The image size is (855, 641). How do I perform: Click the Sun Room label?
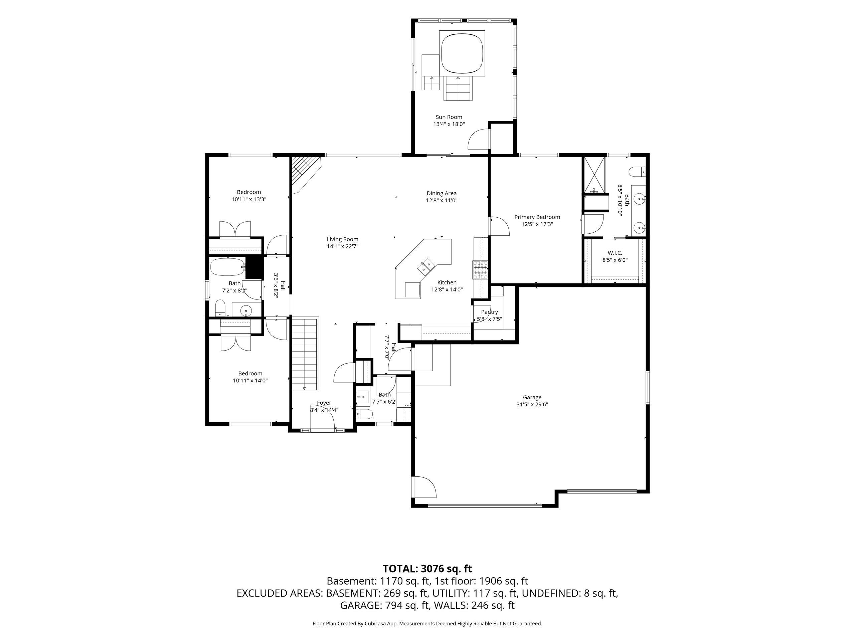tap(449, 117)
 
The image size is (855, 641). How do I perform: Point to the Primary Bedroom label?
tap(537, 217)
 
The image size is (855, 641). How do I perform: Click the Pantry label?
tap(489, 312)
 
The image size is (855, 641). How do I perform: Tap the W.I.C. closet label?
tap(615, 253)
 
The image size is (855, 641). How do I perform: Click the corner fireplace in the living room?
tap(305, 174)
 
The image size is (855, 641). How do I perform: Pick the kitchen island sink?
tap(427, 267)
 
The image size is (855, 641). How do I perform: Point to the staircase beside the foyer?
tap(304, 354)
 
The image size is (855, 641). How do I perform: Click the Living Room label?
tap(342, 240)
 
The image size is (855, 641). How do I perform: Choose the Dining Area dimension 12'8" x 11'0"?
tap(442, 201)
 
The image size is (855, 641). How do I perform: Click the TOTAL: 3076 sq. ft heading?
tap(427, 569)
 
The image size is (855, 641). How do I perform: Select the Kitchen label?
tap(447, 282)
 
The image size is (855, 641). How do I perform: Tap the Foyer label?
tap(324, 403)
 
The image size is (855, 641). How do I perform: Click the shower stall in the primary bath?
tap(594, 175)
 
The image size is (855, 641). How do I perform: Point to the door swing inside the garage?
tap(424, 487)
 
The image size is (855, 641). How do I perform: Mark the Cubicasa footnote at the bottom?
tap(427, 624)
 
